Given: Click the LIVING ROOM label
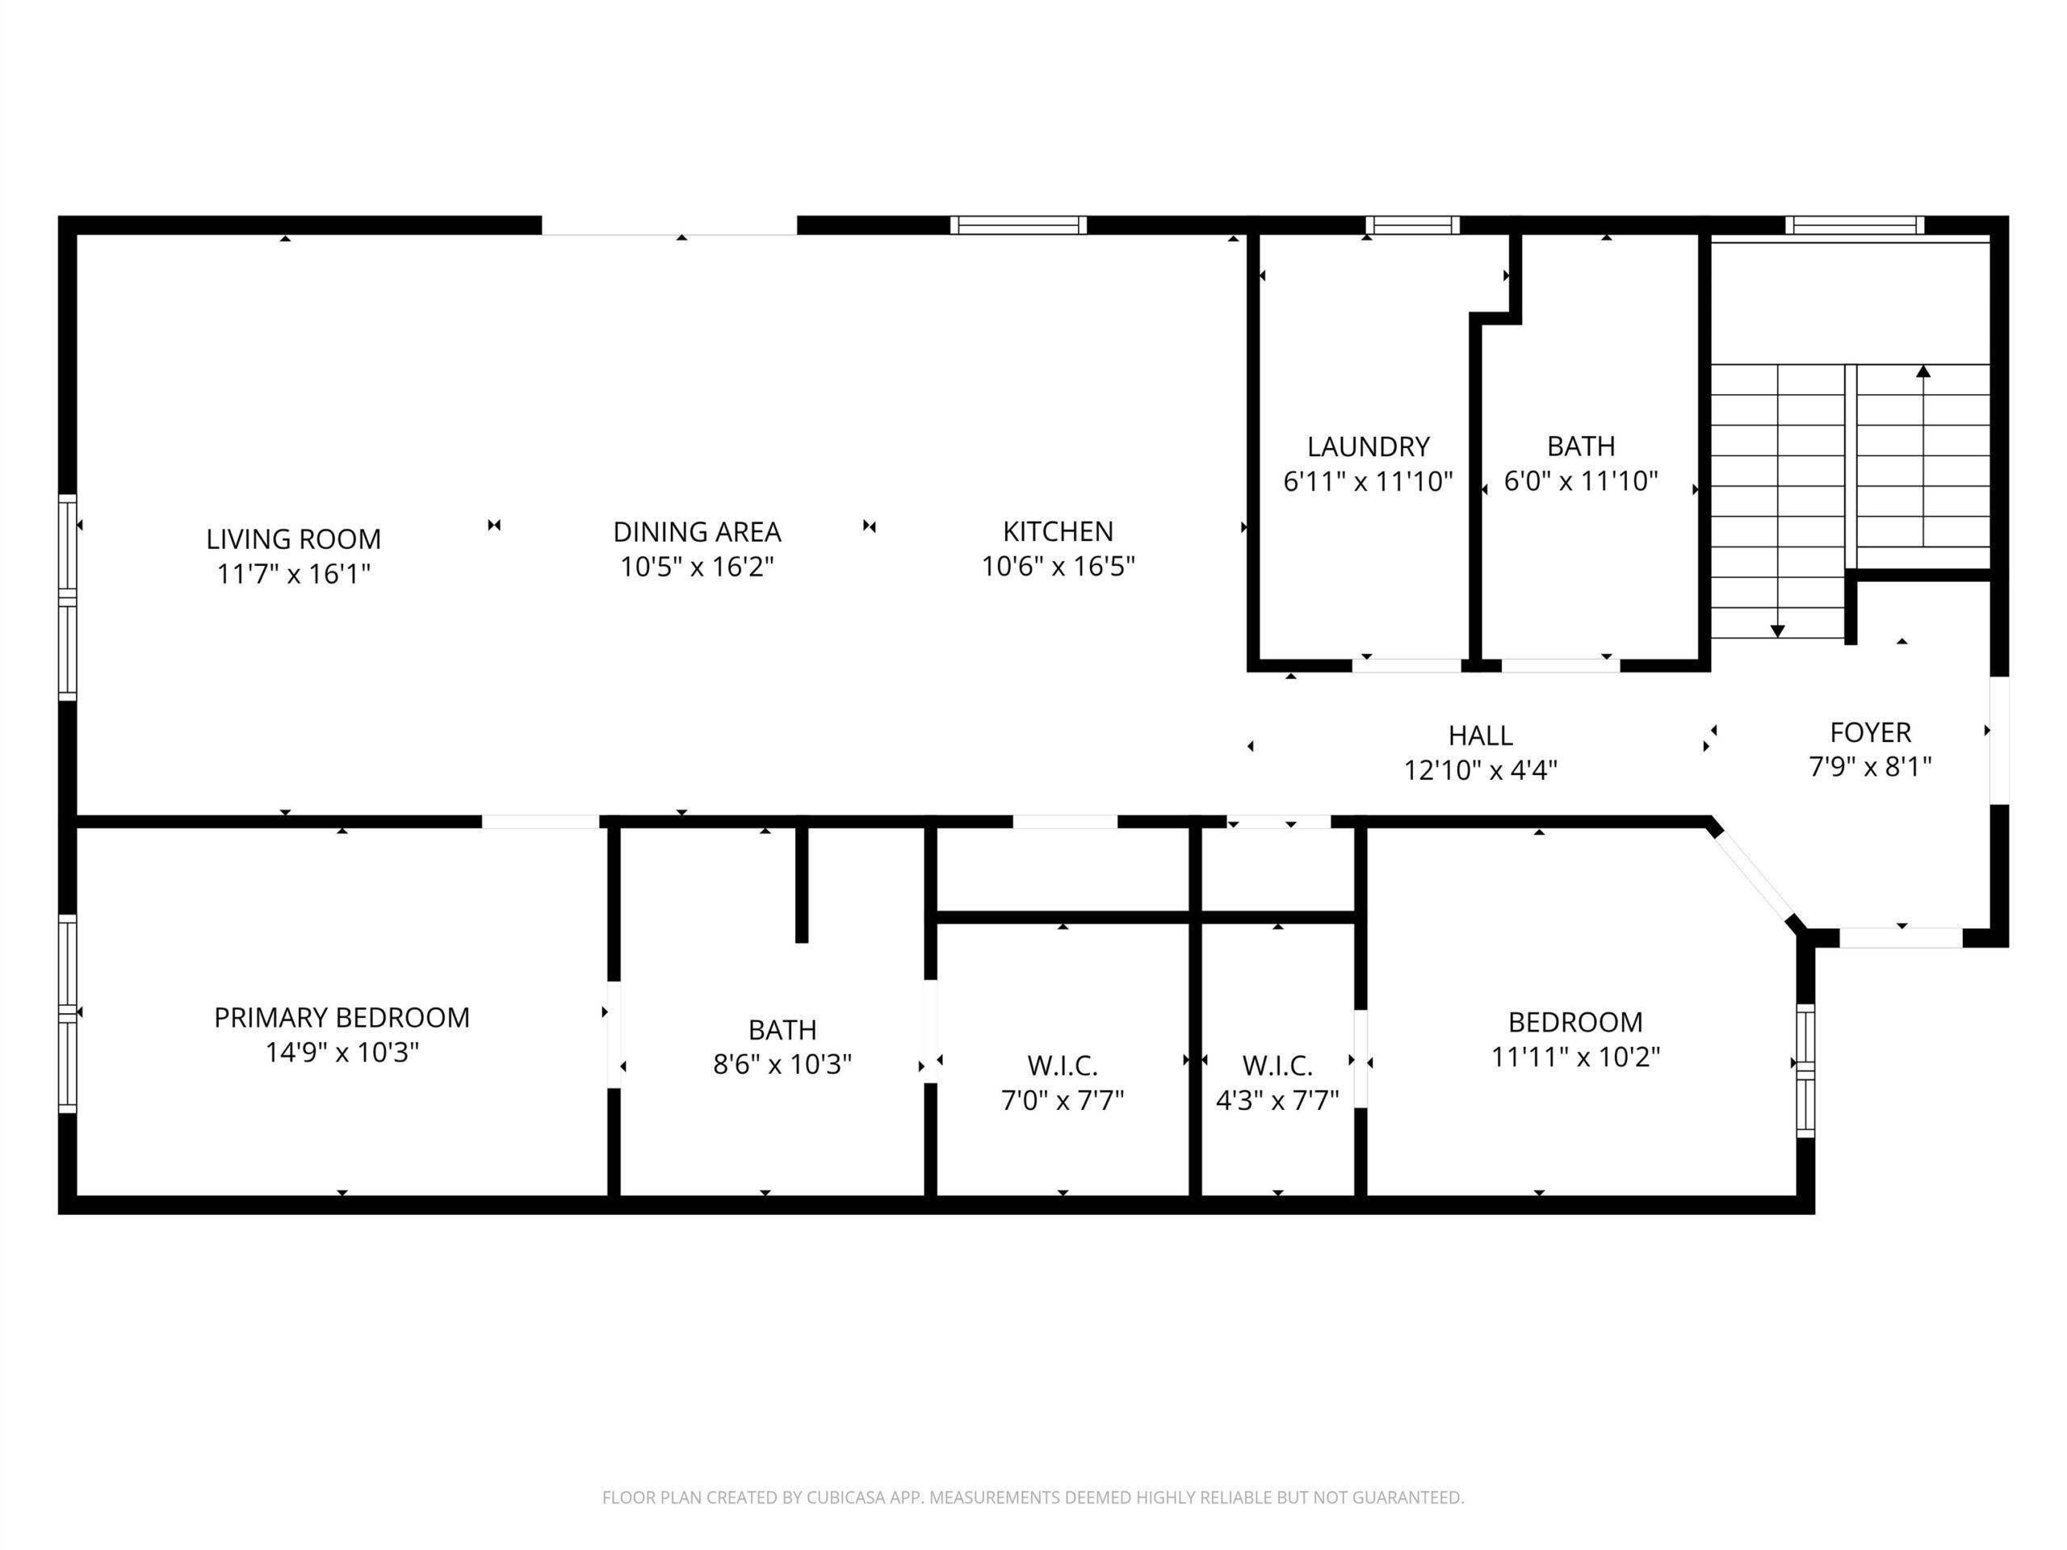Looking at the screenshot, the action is point(293,539).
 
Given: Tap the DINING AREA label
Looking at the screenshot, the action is point(697,532).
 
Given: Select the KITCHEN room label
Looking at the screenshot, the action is point(1058,532).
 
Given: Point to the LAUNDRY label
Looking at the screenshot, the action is point(1368,446).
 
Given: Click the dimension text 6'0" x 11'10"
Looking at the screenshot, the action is point(1581,481).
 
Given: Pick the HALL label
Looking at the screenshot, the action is point(1480,736).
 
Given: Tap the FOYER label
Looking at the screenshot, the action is point(1870,732).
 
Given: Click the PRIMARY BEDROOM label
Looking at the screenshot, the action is point(342,1017).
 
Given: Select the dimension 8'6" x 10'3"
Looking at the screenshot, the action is point(782,1064).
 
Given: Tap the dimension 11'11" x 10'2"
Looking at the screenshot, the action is point(1575,1057).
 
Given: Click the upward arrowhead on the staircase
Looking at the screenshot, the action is point(1923,371).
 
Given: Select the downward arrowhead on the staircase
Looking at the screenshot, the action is point(1777,631).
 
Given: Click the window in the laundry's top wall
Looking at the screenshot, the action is point(1412,225).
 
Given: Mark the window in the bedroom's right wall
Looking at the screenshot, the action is point(1805,1070).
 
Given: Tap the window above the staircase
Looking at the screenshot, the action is point(1854,225).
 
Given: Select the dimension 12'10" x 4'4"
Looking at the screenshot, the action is point(1480,771).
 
